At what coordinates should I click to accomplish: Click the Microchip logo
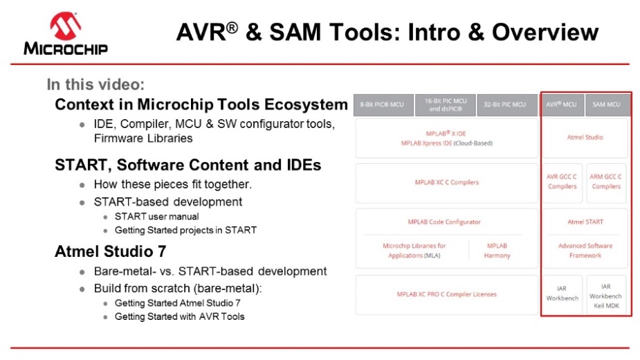[66, 33]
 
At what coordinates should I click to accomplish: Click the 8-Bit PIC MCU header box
[384, 105]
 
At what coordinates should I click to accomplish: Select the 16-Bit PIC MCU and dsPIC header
[446, 105]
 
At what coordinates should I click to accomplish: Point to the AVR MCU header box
[562, 105]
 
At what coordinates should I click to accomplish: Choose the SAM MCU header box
[606, 105]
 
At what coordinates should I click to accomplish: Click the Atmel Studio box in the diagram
[585, 138]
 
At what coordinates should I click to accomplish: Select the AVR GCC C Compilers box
[563, 183]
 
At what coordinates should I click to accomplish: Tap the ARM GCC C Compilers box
[606, 183]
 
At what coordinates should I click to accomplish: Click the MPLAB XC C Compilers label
[446, 182]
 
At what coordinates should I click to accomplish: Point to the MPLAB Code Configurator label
[444, 222]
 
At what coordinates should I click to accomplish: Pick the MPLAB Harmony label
[497, 251]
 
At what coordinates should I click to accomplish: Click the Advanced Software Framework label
[585, 251]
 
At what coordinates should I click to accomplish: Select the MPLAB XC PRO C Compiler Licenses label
[446, 294]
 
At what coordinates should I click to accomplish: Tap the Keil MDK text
[606, 305]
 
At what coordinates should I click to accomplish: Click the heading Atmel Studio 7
[110, 251]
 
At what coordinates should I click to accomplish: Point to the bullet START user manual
[157, 217]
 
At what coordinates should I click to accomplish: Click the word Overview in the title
[545, 32]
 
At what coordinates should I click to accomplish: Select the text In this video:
[95, 84]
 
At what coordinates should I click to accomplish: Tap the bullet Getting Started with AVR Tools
[180, 316]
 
